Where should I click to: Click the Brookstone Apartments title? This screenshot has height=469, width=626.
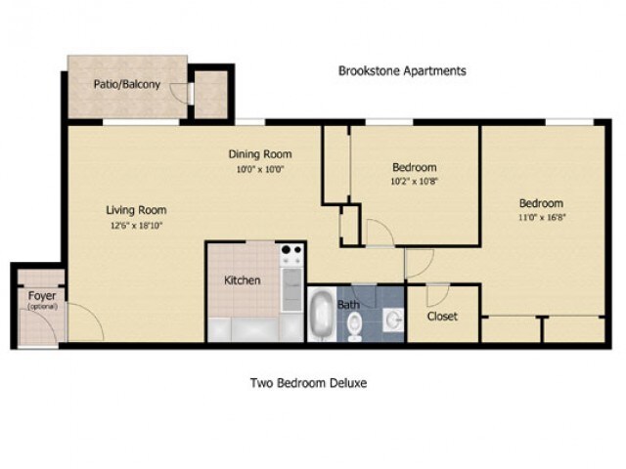[402, 71]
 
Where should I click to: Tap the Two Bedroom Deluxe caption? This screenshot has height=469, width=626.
[308, 383]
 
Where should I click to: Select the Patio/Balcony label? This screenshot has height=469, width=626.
[127, 84]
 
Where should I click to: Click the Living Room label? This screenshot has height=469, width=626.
[136, 209]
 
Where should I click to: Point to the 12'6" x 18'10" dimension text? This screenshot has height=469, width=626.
[136, 225]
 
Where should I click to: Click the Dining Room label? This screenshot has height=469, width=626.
[260, 154]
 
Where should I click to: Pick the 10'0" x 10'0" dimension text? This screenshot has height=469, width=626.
[260, 168]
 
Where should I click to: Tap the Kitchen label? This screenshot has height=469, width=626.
[243, 280]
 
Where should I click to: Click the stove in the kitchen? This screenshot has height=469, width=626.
[291, 255]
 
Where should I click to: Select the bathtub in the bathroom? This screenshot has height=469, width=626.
[321, 317]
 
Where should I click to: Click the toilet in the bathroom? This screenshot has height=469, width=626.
[355, 324]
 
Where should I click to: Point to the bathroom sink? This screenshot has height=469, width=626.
[391, 319]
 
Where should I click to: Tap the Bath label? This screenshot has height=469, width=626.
[349, 305]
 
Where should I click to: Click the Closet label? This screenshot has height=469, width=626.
[442, 317]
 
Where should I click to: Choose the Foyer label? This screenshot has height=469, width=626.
[41, 296]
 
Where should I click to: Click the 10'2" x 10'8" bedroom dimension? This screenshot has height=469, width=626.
[414, 181]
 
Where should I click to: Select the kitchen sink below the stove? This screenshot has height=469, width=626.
[291, 288]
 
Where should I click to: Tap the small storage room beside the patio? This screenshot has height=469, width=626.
[209, 93]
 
